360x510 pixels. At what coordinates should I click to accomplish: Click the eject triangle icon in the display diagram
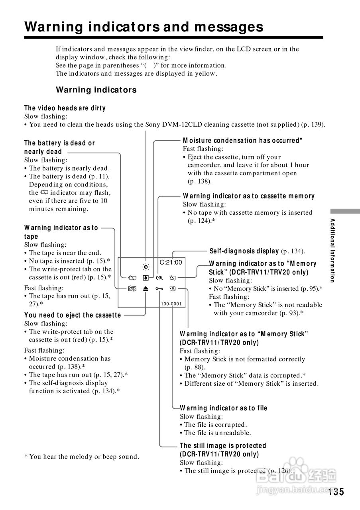[x=146, y=289]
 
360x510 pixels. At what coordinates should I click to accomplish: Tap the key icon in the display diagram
[x=159, y=289]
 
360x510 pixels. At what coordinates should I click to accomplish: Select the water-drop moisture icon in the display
[x=146, y=277]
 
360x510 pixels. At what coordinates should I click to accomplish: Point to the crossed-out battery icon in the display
[x=132, y=277]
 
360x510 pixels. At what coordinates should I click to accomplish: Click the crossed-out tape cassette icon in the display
[x=132, y=289]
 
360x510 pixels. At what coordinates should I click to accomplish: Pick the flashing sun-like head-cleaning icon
[x=146, y=267]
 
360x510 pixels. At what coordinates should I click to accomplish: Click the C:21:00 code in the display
[x=171, y=262]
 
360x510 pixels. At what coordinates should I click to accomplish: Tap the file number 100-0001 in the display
[x=171, y=304]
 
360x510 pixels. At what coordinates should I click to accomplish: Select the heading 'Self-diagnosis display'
[x=244, y=251]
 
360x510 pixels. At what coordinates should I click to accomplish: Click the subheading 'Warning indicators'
[x=96, y=90]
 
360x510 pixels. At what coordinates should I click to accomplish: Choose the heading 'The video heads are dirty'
[x=65, y=108]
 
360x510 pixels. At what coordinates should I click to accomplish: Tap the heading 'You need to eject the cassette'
[x=73, y=315]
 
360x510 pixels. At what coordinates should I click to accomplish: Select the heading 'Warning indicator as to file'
[x=224, y=408]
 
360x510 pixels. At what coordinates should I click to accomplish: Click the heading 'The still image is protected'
[x=223, y=445]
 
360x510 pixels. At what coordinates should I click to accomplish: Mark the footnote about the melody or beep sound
[x=82, y=457]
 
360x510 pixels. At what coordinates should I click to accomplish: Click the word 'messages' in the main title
[x=229, y=27]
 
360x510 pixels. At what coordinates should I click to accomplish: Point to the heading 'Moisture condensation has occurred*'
[x=242, y=140]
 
